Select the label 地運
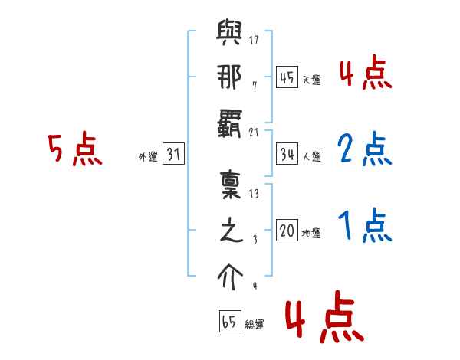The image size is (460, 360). (311, 233)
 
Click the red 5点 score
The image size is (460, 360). (74, 149)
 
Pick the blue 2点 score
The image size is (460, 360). (365, 149)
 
